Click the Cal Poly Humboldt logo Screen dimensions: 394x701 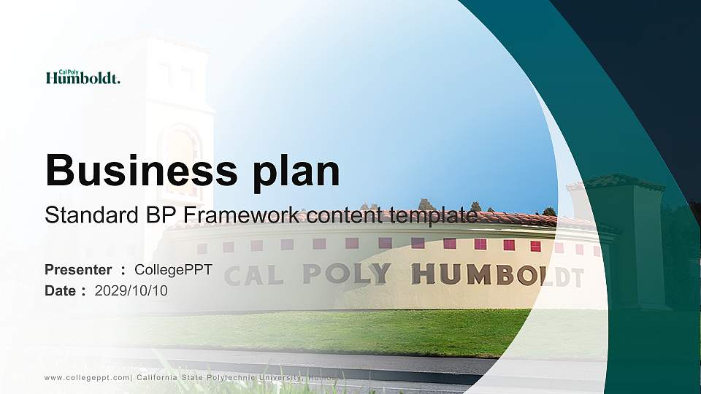[83, 77]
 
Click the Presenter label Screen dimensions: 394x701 [78, 270]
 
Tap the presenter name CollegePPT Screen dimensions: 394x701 [173, 270]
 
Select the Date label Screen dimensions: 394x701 [61, 291]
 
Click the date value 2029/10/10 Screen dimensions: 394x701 [131, 291]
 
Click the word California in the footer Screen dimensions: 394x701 [158, 377]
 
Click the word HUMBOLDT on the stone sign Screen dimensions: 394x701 [497, 276]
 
